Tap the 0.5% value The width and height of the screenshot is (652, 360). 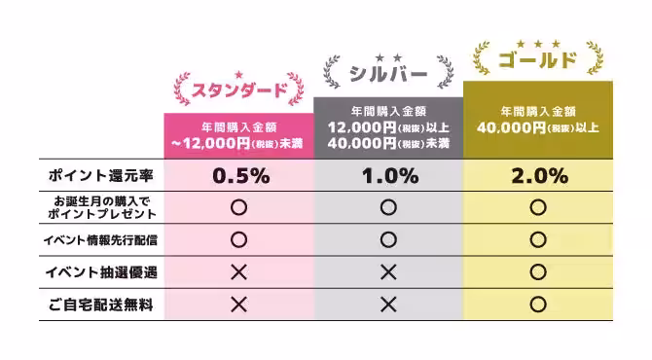click(238, 176)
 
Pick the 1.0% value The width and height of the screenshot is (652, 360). click(388, 176)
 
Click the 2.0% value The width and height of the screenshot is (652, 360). click(537, 176)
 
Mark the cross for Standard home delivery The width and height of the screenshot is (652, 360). click(238, 304)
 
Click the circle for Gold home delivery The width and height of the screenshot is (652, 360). click(537, 304)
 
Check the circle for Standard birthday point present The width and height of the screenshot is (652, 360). click(238, 206)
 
